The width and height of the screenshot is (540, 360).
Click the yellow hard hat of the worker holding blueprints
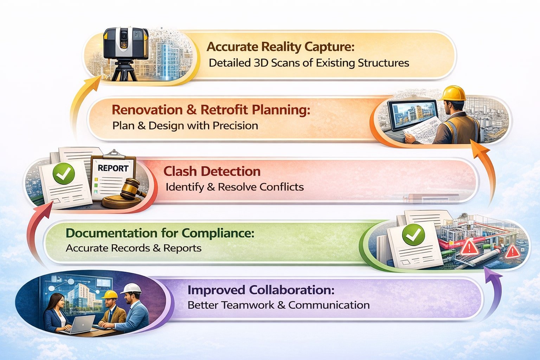(454, 94)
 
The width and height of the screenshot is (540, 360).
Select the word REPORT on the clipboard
(113, 168)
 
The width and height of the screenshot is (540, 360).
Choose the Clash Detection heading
(212, 171)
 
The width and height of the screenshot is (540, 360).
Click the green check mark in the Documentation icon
(413, 234)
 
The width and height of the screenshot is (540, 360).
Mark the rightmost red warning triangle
(512, 251)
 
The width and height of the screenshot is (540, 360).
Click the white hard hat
(131, 289)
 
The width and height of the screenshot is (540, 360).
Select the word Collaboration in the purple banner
(291, 290)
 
